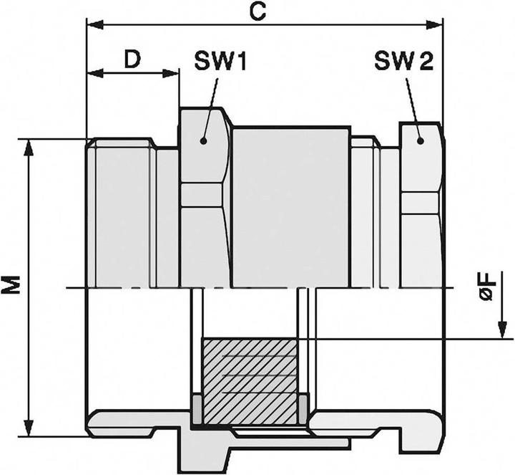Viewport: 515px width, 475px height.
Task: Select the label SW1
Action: [x=220, y=63]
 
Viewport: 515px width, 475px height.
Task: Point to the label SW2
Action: [x=403, y=62]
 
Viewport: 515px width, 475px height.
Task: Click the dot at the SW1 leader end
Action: [x=204, y=140]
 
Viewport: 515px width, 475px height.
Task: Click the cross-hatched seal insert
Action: [x=250, y=379]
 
